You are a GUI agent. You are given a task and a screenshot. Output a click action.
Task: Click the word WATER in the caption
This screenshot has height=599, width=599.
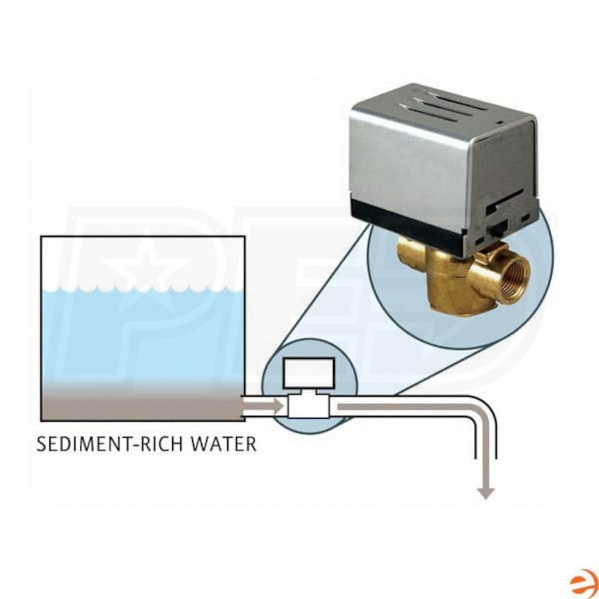(x=223, y=443)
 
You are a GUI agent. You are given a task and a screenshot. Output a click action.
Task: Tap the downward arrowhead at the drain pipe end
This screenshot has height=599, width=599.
(x=486, y=493)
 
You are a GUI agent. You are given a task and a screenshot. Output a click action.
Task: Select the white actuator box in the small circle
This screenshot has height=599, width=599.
(x=308, y=373)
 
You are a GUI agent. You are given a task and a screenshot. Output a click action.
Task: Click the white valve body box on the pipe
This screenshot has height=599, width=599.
(x=308, y=406)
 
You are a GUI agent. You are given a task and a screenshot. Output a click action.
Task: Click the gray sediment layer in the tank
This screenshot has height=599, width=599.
(x=142, y=405)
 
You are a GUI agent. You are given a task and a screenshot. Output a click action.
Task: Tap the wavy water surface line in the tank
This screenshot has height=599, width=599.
(x=142, y=289)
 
